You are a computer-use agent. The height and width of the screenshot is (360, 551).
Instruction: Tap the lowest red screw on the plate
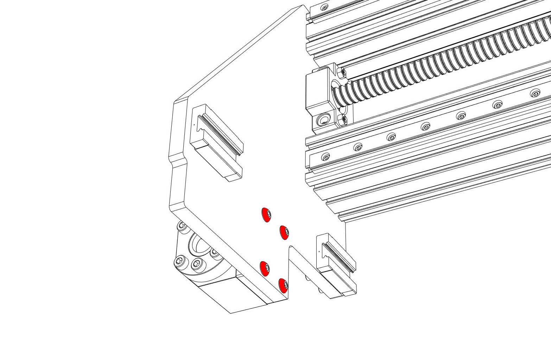pyautogui.click(x=284, y=285)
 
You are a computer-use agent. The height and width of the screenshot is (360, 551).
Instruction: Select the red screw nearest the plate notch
pyautogui.click(x=285, y=232)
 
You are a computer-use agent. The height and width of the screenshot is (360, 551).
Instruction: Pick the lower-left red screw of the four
pyautogui.click(x=265, y=269)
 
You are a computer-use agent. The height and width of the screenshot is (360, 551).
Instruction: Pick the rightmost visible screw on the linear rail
pyautogui.click(x=535, y=94)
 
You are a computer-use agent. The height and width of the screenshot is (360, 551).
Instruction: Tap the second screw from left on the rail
pyautogui.click(x=358, y=147)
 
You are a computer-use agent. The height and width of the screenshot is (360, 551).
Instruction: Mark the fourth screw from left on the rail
pyautogui.click(x=426, y=126)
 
